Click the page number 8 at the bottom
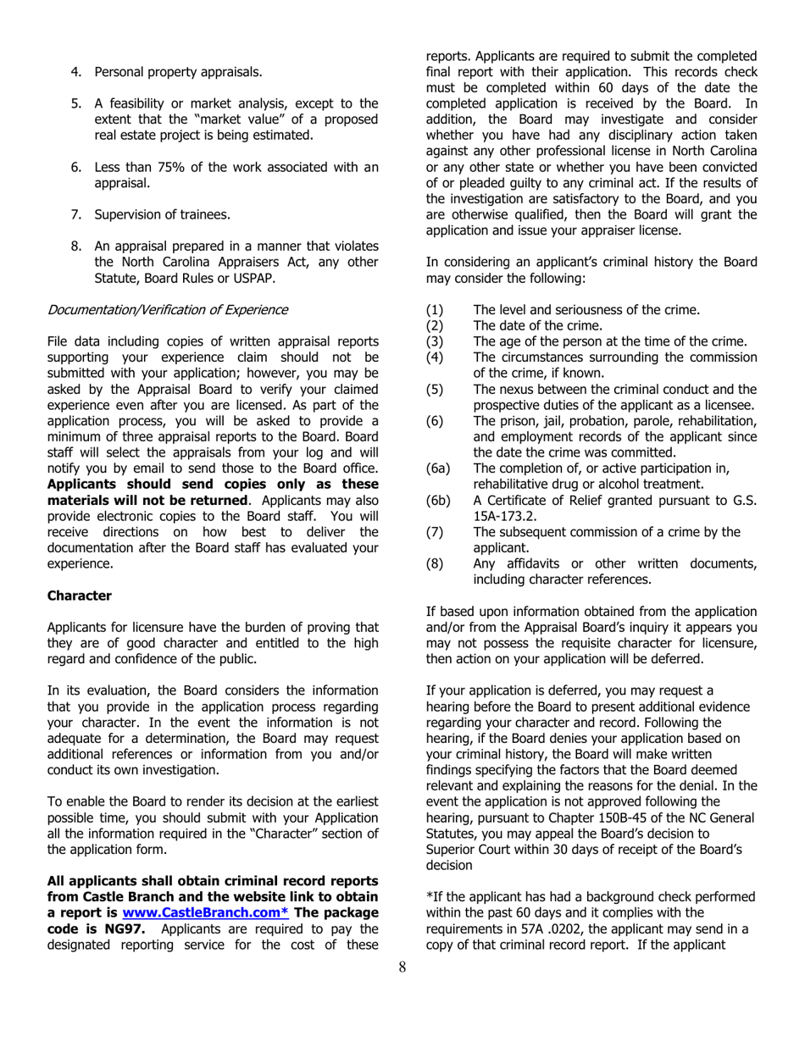402,993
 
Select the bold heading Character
79,596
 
